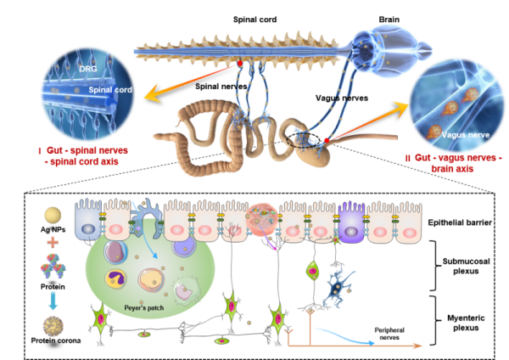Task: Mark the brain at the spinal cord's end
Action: coord(381,42)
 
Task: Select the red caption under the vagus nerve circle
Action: coord(455,163)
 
